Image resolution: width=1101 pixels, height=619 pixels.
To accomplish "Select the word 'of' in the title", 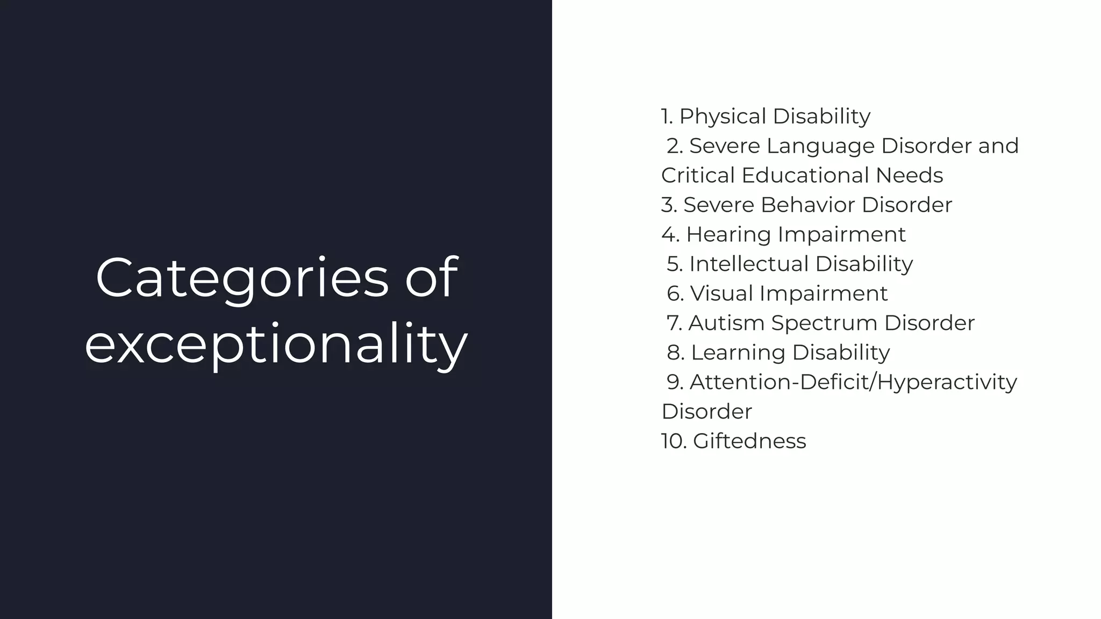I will [x=431, y=278].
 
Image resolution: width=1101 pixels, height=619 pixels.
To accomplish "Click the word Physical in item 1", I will [x=722, y=117].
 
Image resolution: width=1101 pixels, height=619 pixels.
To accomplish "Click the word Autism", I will [x=726, y=323].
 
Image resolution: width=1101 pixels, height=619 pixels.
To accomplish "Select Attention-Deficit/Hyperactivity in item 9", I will [x=853, y=383].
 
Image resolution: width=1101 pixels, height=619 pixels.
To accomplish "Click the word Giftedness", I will [x=749, y=442].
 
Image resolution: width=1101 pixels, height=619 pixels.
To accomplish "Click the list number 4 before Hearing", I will [x=670, y=235].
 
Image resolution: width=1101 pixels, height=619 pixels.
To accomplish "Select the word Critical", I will [x=698, y=176].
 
